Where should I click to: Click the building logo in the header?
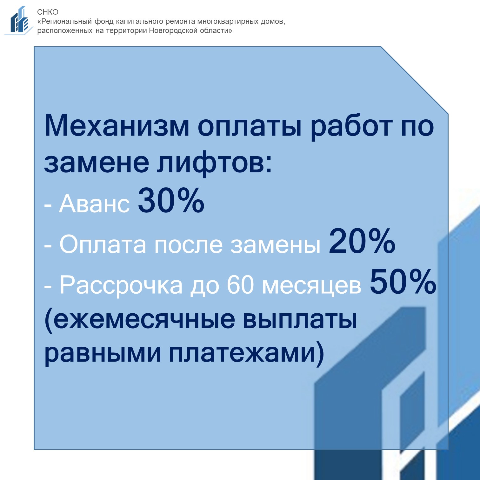tap(18, 20)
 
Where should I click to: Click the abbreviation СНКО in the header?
tap(48, 12)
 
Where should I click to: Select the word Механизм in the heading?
tap(117, 126)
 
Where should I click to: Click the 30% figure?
tap(171, 200)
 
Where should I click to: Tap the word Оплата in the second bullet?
tap(103, 244)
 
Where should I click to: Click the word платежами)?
tap(246, 353)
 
